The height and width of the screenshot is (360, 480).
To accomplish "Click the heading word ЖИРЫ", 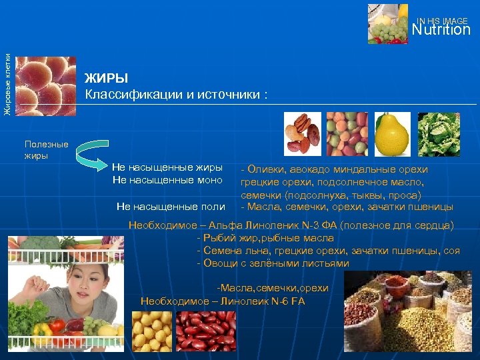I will click(x=106, y=79).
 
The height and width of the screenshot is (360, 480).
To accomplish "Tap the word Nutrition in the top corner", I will click(x=441, y=30).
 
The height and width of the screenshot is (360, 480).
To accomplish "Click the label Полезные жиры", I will click(x=46, y=150).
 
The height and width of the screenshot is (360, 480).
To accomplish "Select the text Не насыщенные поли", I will click(x=171, y=207).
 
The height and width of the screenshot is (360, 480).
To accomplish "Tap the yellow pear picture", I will click(x=391, y=133).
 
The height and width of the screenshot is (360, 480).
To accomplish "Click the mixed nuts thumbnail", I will click(x=302, y=133).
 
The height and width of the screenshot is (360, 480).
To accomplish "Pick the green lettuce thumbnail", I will click(x=438, y=133).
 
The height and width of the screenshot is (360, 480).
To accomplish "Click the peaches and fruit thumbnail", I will click(x=347, y=133).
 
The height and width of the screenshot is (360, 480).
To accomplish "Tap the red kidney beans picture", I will click(x=205, y=331).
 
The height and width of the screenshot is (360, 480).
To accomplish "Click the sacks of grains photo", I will click(x=413, y=313).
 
